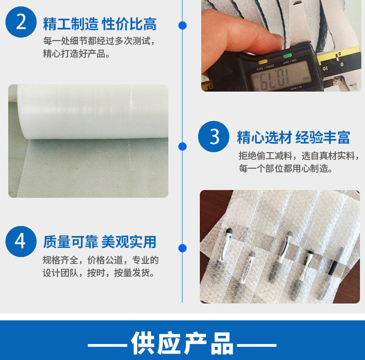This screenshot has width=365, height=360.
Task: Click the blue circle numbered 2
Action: [x=21, y=22]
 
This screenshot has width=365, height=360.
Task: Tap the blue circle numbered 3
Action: [x=214, y=137]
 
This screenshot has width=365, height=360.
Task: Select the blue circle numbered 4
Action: [x=21, y=242]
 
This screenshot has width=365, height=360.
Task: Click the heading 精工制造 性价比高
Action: [x=99, y=24]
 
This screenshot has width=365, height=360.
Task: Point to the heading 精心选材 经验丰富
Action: [x=293, y=137]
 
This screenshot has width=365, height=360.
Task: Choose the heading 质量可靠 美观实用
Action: [x=99, y=242]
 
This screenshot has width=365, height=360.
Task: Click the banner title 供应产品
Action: [x=182, y=343]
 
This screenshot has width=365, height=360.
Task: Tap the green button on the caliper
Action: [x=287, y=56]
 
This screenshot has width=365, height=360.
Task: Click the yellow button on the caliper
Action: [x=263, y=62]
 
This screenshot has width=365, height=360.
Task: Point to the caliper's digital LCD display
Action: [x=281, y=76]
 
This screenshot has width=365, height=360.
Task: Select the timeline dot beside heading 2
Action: [x=182, y=26]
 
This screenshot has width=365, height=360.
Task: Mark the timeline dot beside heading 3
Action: [x=182, y=147]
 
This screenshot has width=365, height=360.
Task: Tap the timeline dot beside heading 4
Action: [x=182, y=248]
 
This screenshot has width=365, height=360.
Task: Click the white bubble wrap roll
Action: [x=93, y=112]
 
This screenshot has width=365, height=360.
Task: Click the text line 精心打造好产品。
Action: [x=76, y=54]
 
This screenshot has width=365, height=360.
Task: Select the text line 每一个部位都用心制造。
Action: [x=286, y=168]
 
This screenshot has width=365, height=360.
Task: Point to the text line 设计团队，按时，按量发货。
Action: [x=99, y=273]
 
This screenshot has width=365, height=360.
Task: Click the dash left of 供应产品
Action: [x=107, y=345]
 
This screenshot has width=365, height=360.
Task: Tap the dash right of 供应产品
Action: [x=257, y=345]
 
